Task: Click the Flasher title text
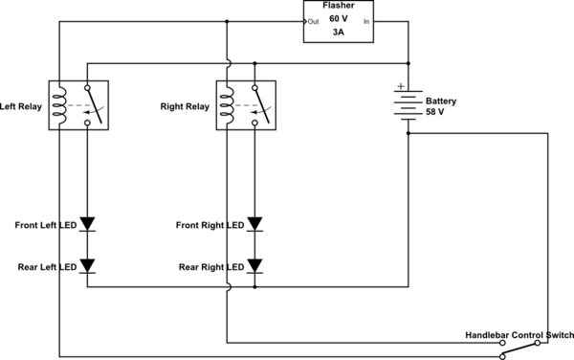coord(339,6)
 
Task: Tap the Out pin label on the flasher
coord(314,22)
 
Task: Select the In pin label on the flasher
coord(366,22)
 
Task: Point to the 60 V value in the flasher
coord(339,19)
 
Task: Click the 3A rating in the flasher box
coord(339,33)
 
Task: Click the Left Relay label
coord(21,106)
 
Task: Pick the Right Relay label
coord(185,106)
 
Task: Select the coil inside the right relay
coord(228,105)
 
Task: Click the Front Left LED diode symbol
coord(87,224)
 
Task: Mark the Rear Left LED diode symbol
coord(87,266)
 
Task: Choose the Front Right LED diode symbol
coord(254,224)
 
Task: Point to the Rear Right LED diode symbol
coord(254,266)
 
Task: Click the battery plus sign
coord(401,86)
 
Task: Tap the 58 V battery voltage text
coord(435,112)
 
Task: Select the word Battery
coord(441,101)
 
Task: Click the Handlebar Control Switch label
coord(519,335)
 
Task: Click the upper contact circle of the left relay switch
coord(87,88)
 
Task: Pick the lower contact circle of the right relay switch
coord(254,124)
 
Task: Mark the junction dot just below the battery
coord(408,133)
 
